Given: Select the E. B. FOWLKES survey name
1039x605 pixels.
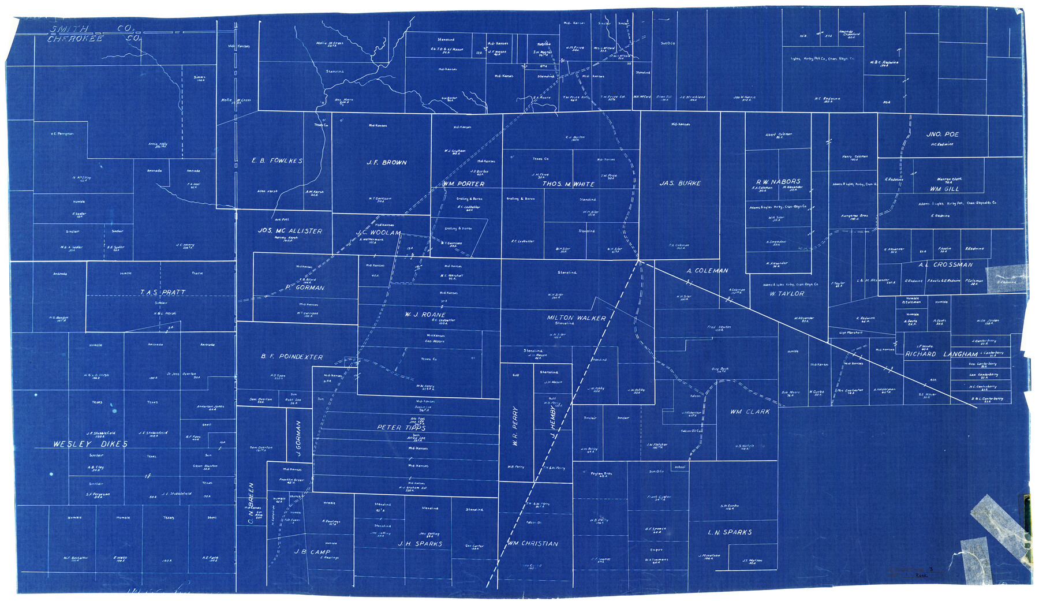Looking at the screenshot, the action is click(x=277, y=160).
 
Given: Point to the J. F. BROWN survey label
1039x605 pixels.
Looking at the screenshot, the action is click(x=387, y=163).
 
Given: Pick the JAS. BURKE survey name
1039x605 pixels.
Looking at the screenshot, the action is click(x=680, y=184).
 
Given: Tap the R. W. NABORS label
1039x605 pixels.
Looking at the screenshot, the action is click(x=778, y=181).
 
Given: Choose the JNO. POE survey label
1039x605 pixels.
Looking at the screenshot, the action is click(x=942, y=135).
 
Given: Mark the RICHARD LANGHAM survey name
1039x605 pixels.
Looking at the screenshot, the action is click(x=941, y=354).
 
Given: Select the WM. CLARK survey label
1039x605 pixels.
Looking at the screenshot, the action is click(x=750, y=412).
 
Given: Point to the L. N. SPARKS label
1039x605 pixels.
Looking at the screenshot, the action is click(x=730, y=532).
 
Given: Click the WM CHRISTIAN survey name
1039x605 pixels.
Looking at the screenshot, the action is click(x=533, y=544).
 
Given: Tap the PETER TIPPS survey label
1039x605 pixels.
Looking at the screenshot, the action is click(x=401, y=428).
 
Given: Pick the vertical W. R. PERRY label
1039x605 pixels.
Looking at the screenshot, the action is click(x=515, y=427).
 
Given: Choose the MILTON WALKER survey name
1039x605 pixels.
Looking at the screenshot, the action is click(x=576, y=318).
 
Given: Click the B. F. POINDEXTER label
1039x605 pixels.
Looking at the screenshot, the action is click(x=291, y=357).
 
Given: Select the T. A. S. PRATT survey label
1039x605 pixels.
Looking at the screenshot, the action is click(x=163, y=293).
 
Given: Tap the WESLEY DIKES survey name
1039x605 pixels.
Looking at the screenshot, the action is click(x=90, y=445).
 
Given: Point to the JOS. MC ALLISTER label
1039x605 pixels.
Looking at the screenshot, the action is click(x=290, y=231).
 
